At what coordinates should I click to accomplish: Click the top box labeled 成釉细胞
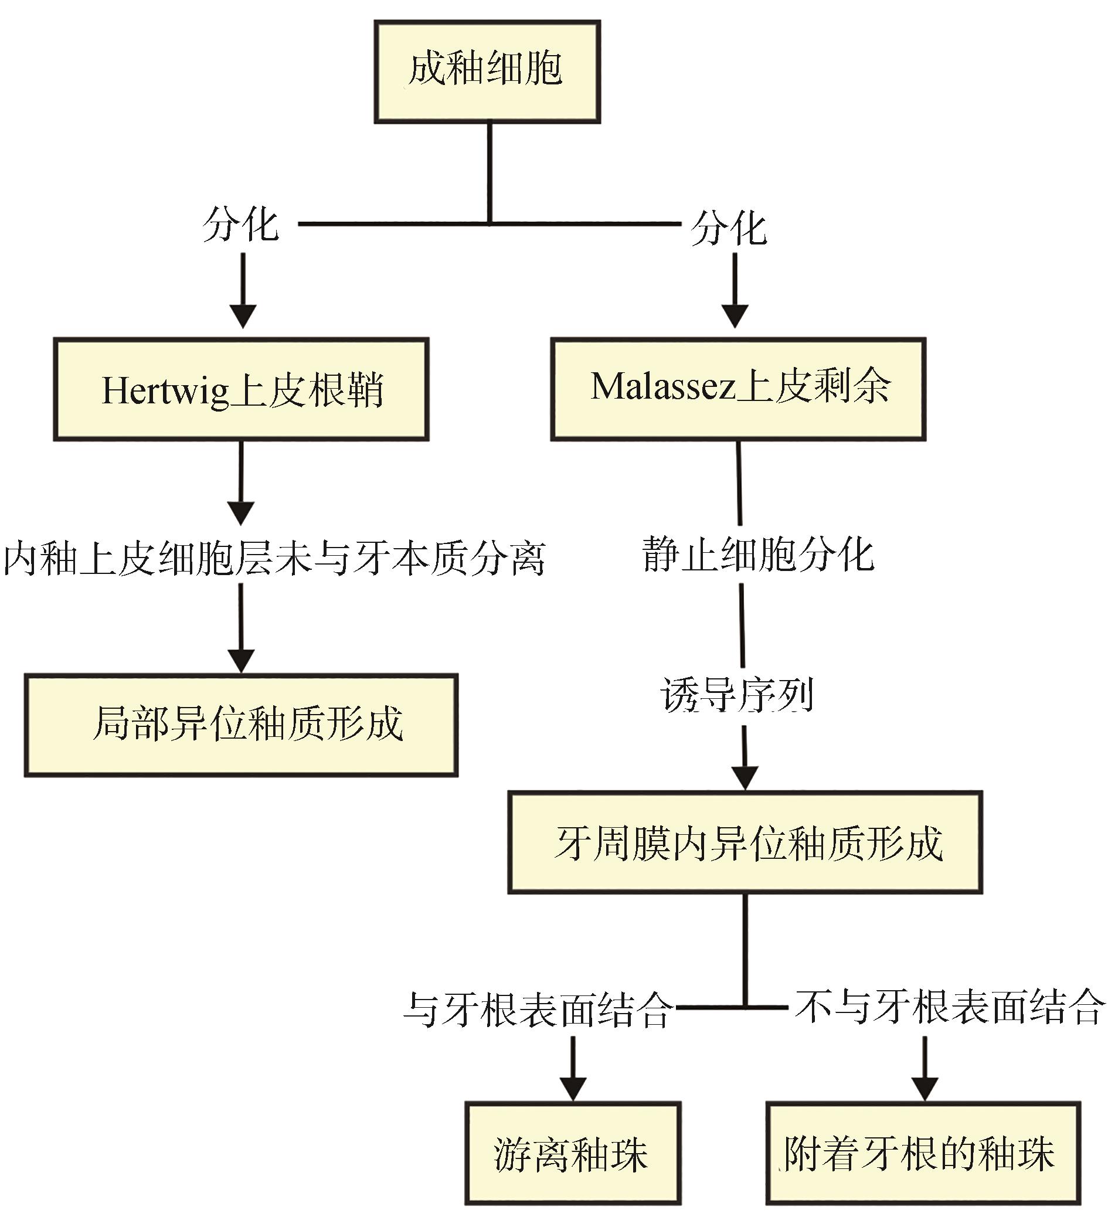(487, 72)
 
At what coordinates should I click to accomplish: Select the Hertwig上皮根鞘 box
(241, 389)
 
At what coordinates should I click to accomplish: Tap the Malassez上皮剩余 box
(738, 389)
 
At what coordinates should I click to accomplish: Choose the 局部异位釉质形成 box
(241, 725)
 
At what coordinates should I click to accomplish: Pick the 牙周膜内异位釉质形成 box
(745, 842)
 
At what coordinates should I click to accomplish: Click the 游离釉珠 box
(572, 1153)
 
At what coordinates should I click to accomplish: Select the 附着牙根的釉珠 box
(923, 1153)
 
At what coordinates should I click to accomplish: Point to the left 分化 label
(241, 224)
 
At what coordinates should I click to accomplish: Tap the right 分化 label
(729, 228)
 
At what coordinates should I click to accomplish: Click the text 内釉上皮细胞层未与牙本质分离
(274, 558)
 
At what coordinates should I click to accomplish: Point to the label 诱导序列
(737, 694)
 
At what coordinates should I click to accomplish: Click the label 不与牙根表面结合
(950, 1007)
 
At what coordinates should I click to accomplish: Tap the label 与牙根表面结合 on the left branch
(538, 1010)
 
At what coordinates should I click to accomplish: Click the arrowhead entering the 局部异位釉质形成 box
(241, 660)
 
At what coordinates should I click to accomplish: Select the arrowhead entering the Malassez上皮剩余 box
(735, 315)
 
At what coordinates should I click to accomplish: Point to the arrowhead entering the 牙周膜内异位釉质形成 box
(745, 777)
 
